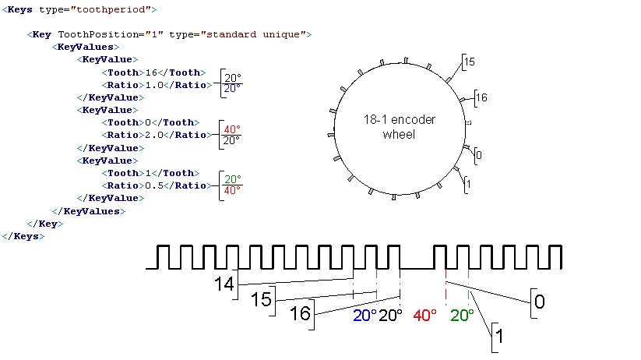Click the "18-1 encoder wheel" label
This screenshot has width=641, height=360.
click(400, 127)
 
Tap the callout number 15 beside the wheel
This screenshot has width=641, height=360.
click(470, 62)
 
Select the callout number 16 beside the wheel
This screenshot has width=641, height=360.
click(481, 97)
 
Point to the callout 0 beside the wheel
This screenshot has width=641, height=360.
click(479, 156)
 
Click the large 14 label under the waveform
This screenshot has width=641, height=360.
click(224, 284)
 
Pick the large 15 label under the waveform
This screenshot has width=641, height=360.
click(261, 299)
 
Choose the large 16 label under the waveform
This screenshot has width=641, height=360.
click(300, 314)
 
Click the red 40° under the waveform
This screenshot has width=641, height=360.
click(424, 316)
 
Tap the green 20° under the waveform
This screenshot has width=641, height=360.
click(462, 316)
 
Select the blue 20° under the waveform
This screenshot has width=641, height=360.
click(365, 316)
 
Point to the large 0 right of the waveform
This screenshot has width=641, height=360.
click(540, 302)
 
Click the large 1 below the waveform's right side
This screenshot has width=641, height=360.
click(499, 337)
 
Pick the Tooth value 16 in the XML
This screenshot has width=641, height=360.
click(151, 72)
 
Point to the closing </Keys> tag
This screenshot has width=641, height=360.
click(23, 236)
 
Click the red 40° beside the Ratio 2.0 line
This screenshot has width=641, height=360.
click(232, 129)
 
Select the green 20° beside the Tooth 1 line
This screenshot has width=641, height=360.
click(233, 179)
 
